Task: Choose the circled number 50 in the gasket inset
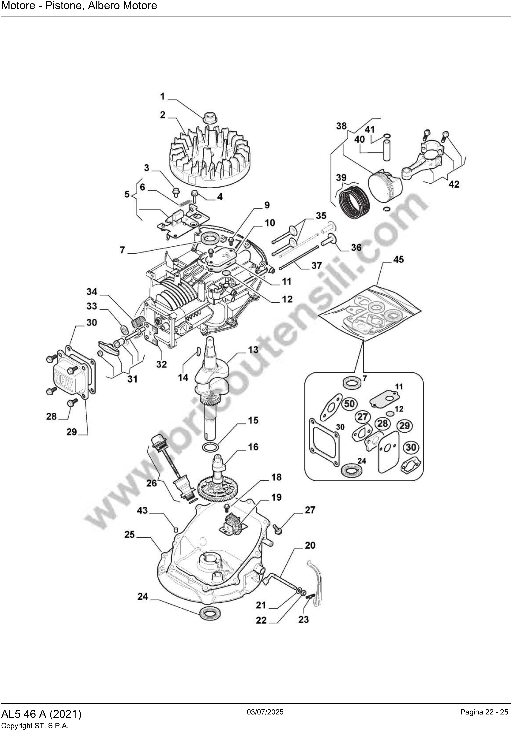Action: [349, 404]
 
